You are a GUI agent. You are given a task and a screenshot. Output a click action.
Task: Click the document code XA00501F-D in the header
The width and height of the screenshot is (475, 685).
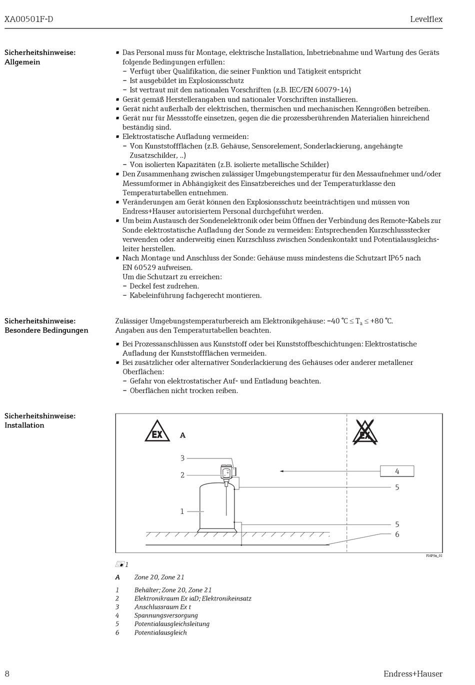click(28, 19)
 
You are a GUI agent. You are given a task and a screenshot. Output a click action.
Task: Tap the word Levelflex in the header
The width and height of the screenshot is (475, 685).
click(426, 19)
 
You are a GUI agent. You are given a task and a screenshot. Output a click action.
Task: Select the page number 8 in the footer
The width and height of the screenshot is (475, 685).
click(7, 673)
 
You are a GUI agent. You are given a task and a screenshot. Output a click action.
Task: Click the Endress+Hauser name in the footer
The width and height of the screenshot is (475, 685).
click(412, 673)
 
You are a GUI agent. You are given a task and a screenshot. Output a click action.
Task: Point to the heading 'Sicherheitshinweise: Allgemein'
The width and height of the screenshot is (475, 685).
click(40, 57)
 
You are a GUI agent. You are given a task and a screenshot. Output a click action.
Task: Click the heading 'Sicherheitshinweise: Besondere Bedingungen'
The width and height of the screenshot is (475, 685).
click(46, 325)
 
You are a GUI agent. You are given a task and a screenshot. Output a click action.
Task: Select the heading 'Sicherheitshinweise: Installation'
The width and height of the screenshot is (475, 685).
click(40, 420)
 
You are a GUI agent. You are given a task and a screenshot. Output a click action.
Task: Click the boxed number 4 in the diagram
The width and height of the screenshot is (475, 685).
click(397, 471)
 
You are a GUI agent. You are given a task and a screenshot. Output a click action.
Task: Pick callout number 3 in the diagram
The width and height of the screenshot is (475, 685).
click(182, 458)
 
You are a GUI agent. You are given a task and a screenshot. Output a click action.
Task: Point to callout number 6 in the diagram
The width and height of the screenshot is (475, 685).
click(397, 534)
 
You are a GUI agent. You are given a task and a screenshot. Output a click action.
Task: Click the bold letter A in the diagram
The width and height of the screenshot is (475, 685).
click(182, 435)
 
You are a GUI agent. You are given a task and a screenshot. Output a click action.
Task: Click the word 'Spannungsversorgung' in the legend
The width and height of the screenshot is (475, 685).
click(166, 615)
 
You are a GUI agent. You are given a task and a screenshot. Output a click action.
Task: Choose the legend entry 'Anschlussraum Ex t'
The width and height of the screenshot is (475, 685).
click(162, 607)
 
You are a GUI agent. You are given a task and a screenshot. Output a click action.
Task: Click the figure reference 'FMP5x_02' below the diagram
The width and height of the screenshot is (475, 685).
click(434, 555)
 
